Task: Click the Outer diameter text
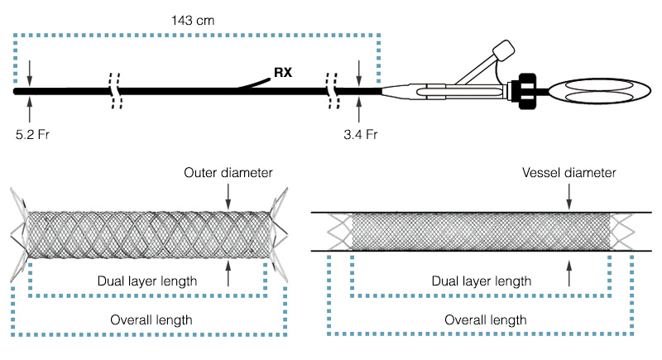tap(228, 171)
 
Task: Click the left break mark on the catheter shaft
tap(116, 90)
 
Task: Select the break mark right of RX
tap(333, 90)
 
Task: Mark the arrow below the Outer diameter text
tap(228, 195)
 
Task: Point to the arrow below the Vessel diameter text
tap(568, 196)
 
